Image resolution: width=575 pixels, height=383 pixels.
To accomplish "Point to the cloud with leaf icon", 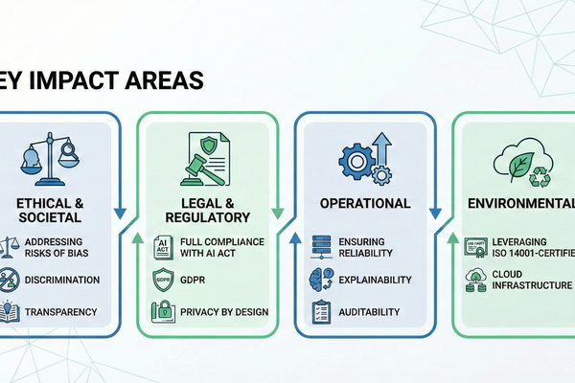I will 518,158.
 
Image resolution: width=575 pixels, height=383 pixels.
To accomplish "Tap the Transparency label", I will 62,311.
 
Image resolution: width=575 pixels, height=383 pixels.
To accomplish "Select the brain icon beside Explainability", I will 321,280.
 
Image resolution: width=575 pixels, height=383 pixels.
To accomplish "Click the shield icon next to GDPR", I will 162,280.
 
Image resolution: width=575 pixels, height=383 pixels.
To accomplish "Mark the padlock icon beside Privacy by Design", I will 162,312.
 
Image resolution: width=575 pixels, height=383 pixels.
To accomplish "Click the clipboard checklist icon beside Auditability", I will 321,311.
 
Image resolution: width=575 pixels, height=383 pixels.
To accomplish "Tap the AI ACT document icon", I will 162,247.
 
